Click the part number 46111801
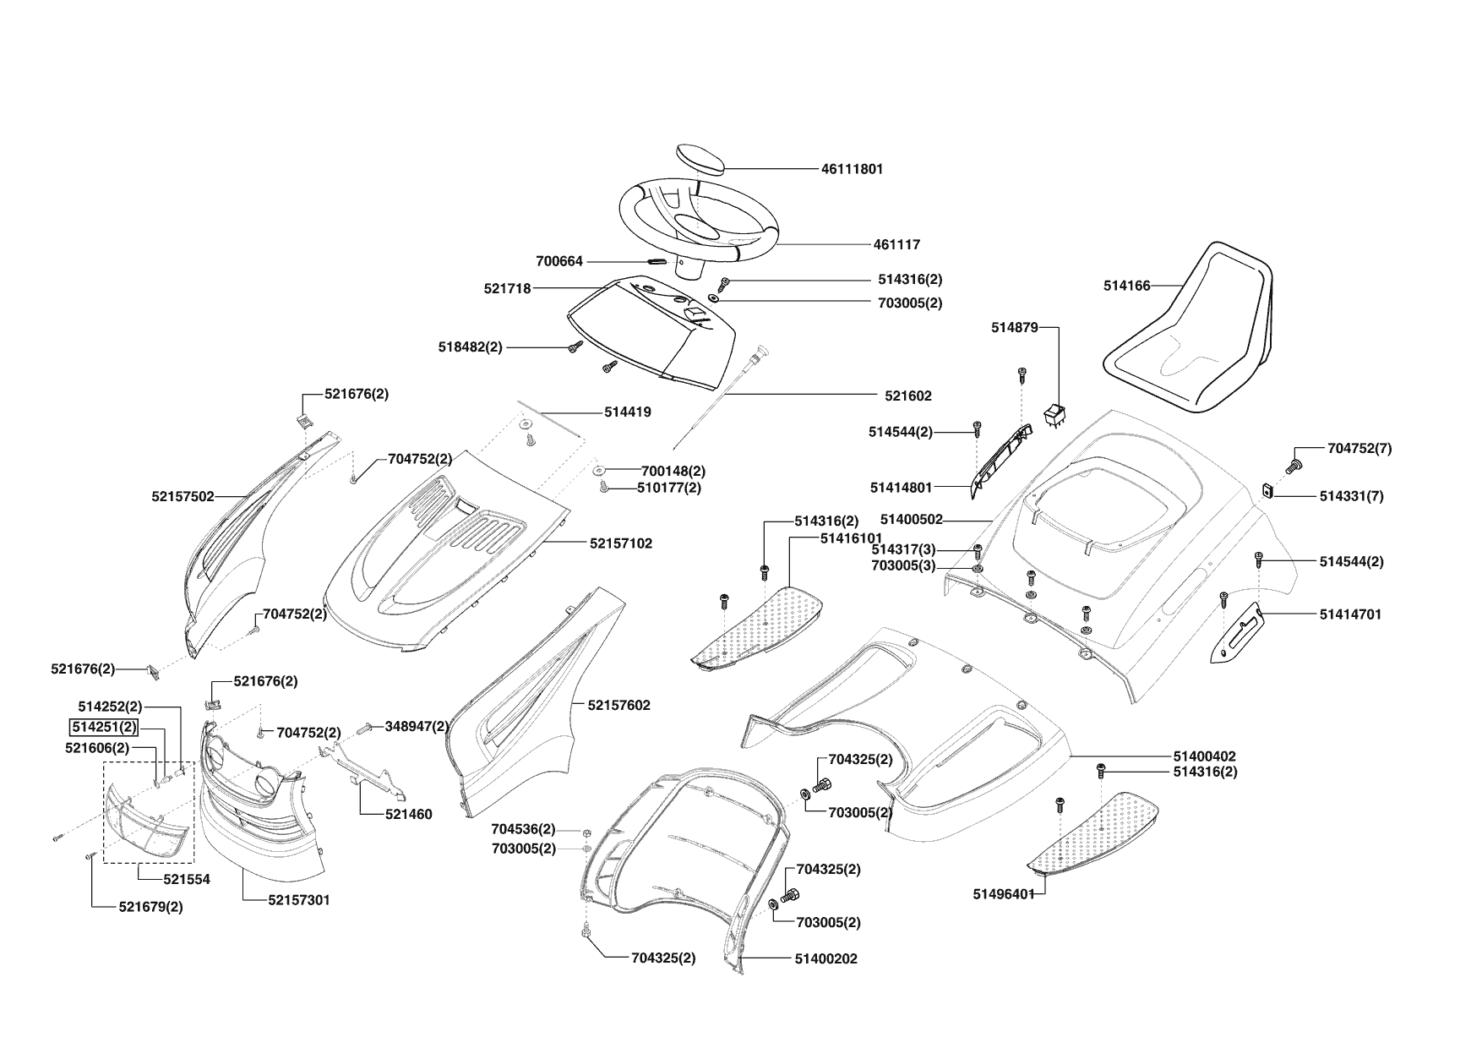(x=852, y=169)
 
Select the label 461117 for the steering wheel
(x=896, y=245)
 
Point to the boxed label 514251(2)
(x=102, y=727)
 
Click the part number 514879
(x=1014, y=328)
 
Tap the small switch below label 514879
(x=1054, y=415)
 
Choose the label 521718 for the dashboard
(x=507, y=289)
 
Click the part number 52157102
(x=620, y=543)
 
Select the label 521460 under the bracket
(x=408, y=815)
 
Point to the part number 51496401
(x=1003, y=894)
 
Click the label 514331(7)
(x=1351, y=497)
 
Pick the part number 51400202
(x=825, y=959)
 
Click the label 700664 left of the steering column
(x=559, y=262)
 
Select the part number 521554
(x=187, y=879)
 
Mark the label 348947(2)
(x=417, y=726)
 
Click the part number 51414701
(x=1350, y=615)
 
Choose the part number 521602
(x=908, y=396)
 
